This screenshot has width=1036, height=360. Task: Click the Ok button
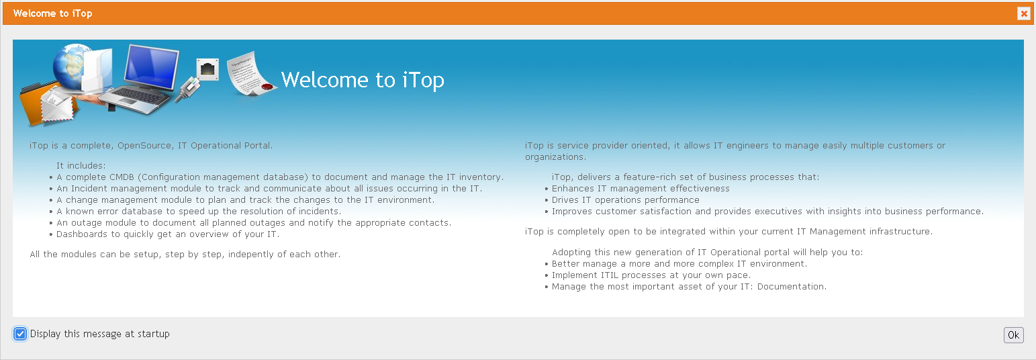click(x=1013, y=335)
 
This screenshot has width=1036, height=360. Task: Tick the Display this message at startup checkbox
click(x=20, y=334)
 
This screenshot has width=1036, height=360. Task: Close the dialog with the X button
click(x=1024, y=13)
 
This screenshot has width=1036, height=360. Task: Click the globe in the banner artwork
click(x=72, y=66)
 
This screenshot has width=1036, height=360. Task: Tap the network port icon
click(x=207, y=70)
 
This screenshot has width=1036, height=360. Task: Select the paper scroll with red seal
click(x=250, y=74)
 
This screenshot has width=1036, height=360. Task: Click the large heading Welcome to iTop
click(x=363, y=80)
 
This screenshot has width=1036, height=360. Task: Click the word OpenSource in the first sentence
click(x=144, y=146)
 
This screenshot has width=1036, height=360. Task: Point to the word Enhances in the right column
click(x=572, y=189)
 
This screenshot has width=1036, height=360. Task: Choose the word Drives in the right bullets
click(x=565, y=200)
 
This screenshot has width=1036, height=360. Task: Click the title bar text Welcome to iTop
click(x=53, y=13)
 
